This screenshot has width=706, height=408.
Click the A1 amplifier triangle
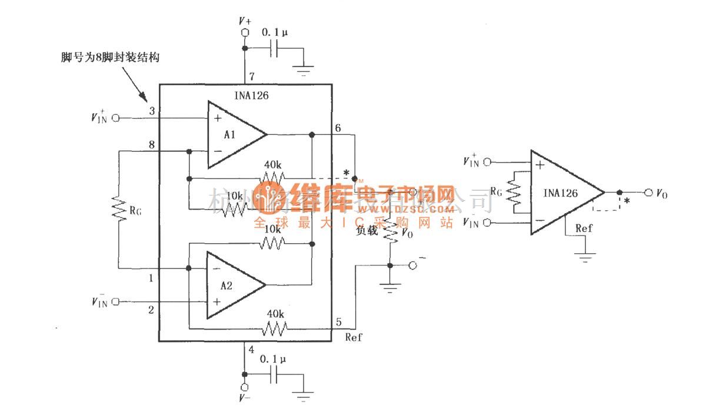pos(232,134)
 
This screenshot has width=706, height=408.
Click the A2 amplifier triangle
pos(231,286)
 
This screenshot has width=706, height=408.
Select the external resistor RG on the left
pos(120,210)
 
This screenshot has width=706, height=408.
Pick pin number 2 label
pos(151,310)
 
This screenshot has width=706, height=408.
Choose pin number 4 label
pos(251,349)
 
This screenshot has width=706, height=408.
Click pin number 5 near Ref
pos(338,322)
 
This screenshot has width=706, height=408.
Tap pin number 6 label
pos(338,127)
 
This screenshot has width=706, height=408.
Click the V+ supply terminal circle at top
pos(245,32)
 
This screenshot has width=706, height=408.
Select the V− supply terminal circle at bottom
pos(245,387)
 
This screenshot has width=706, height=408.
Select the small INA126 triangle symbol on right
pos(565,193)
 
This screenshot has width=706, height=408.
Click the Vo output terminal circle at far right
pos(648,193)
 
